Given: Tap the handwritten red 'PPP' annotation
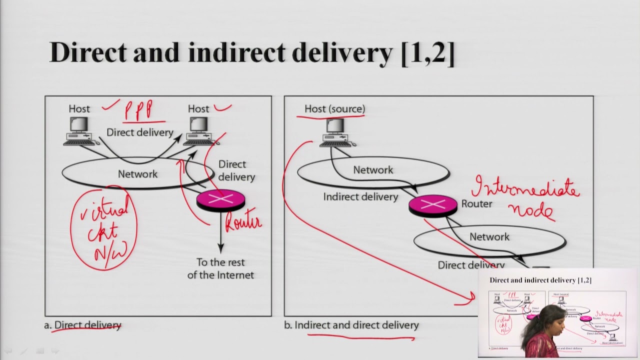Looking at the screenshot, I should coord(139,110).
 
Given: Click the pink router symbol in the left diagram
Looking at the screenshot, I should coord(220,200).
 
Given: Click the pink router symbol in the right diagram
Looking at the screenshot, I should coord(432,205).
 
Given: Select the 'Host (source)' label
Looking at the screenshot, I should coord(334,108).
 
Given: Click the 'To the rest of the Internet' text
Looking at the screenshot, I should coord(220,268).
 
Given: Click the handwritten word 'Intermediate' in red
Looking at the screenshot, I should coord(525,188).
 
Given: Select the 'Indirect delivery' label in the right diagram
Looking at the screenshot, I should coord(360,197).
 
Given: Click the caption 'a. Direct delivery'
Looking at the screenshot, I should coord(83,325).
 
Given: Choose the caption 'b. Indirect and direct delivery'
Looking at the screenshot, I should coord(351,325).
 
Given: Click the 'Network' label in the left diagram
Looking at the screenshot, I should coord(137,174).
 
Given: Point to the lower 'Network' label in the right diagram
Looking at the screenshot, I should coord(489,237).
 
